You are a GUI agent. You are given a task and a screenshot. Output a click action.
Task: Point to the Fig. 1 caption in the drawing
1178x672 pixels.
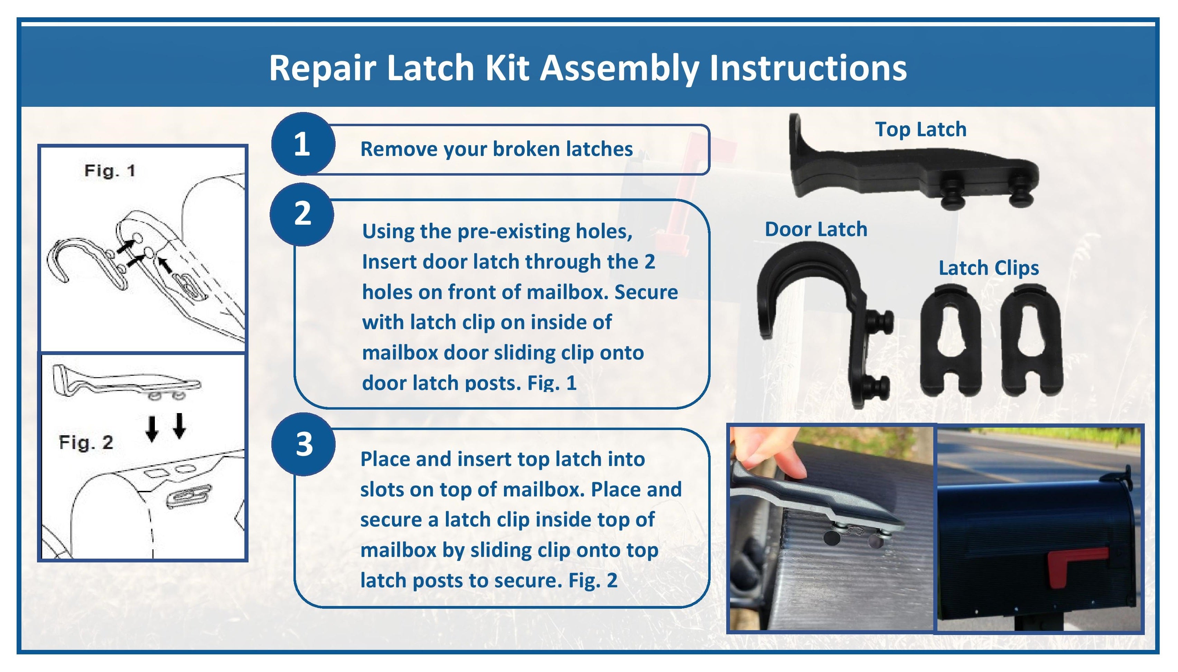[x=110, y=171]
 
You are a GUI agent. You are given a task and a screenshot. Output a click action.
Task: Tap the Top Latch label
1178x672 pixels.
[x=920, y=129]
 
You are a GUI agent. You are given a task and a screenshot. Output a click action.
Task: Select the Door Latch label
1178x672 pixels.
[x=816, y=230]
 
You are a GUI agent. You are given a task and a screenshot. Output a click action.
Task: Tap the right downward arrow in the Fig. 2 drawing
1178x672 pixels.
[x=179, y=425]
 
